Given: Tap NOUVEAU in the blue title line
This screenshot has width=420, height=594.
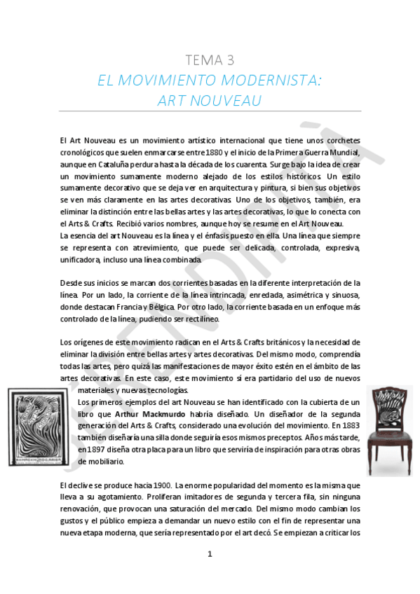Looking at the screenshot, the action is pyautogui.click(x=226, y=101).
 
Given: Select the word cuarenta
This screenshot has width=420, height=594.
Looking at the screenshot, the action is pyautogui.click(x=242, y=163).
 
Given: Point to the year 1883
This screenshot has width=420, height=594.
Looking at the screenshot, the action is pyautogui.click(x=348, y=424).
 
